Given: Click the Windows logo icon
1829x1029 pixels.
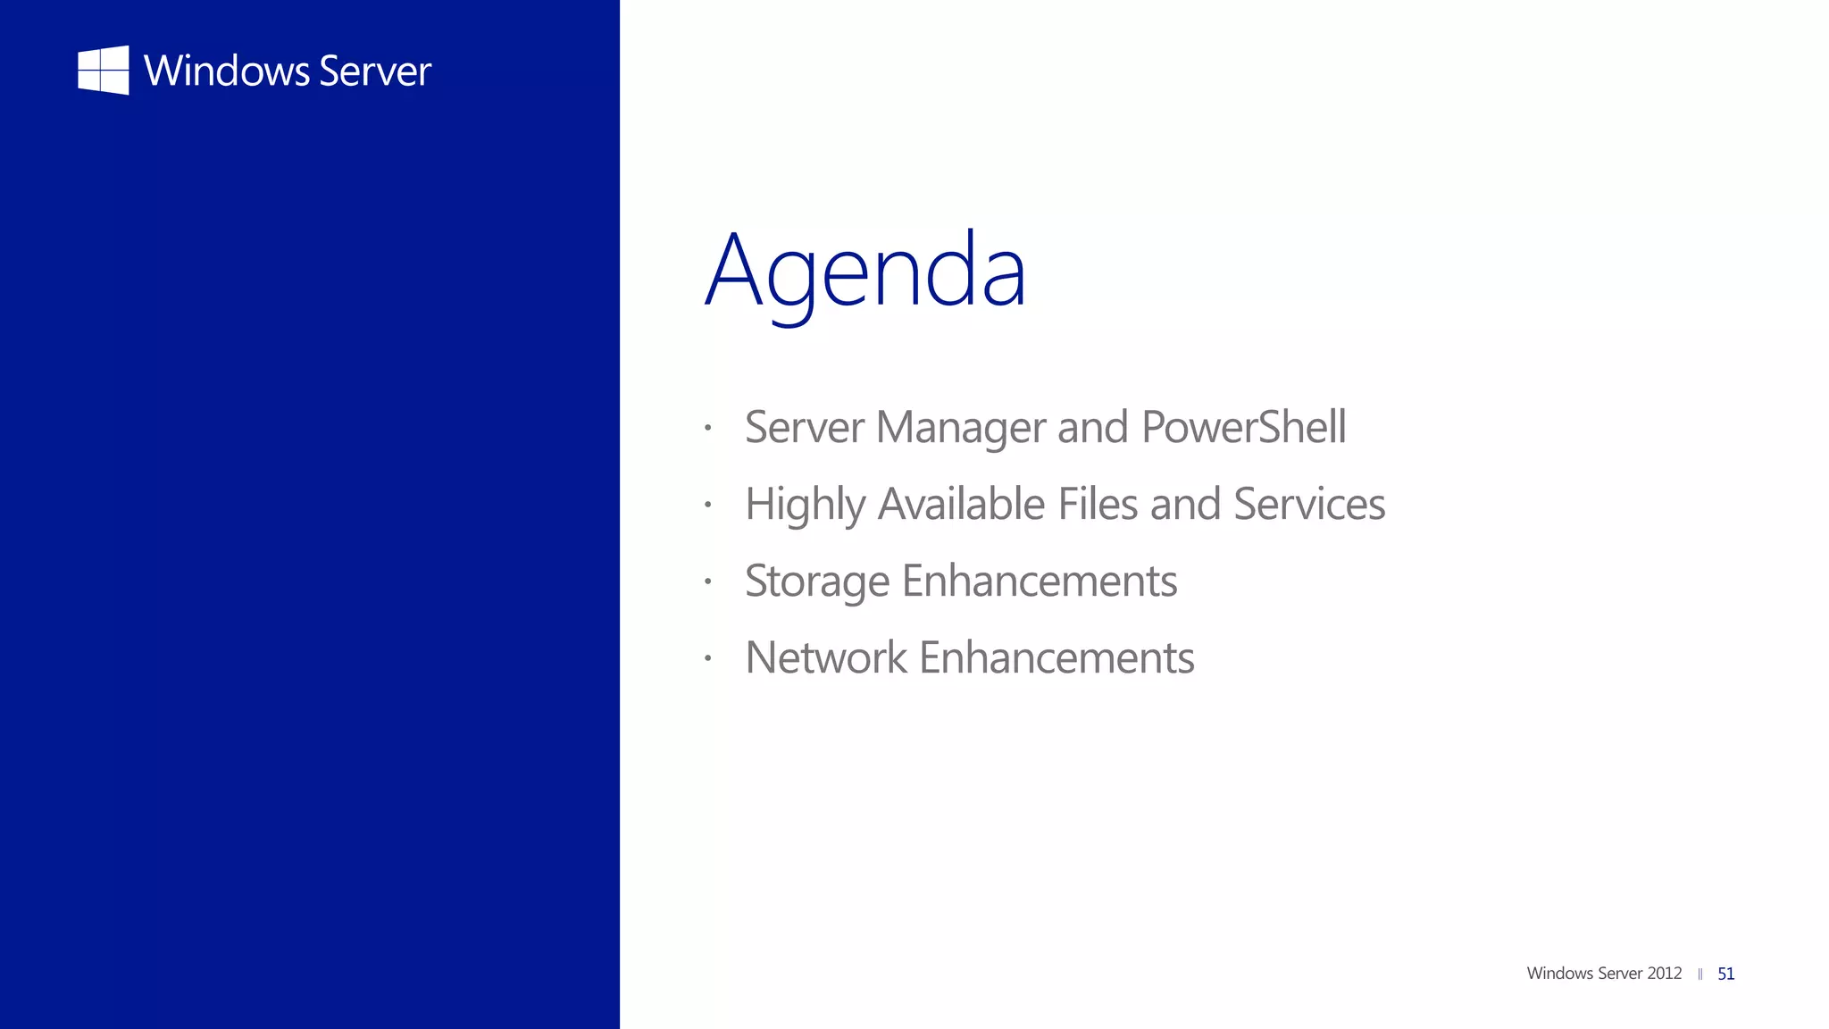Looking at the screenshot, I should point(104,71).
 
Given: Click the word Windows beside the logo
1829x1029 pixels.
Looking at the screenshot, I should point(226,71).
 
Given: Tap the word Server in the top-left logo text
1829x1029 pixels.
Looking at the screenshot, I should point(375,71).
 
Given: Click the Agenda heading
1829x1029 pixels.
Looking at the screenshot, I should point(865,271).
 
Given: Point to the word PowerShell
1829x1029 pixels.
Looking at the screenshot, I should point(1243,427).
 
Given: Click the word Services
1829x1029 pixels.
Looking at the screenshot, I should point(1309,504).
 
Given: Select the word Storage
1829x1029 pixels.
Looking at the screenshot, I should point(817,582).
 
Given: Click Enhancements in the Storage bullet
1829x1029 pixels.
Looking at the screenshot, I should point(1040,581).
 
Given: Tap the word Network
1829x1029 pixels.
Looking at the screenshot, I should point(826,658).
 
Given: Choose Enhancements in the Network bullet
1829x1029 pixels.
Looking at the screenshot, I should point(1056,658).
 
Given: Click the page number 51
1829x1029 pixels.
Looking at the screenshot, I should point(1726,974).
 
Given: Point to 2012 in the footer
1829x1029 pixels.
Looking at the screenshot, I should point(1665,974).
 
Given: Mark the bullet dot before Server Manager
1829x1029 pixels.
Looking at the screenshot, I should point(707,428).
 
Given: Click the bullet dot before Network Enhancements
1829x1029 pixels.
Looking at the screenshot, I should point(707,658).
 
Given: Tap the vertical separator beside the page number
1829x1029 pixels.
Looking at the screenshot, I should point(1700,975).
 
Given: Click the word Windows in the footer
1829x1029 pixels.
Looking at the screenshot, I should point(1559,974).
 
